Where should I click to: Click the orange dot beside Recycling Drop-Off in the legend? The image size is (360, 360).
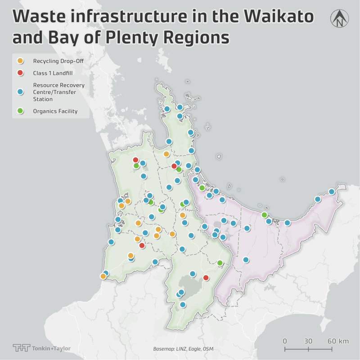click(20, 61)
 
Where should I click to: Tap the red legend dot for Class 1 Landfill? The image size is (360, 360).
click(20, 72)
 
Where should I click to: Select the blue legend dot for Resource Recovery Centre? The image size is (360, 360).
click(20, 92)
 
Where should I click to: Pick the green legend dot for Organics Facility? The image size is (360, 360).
click(20, 111)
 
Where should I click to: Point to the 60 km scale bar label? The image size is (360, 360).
click(337, 341)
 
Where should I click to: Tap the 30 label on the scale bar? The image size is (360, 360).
click(308, 341)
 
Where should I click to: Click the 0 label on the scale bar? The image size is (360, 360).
click(285, 341)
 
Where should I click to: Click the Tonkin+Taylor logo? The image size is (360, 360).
click(41, 348)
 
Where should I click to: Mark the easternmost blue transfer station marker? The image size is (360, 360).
click(332, 192)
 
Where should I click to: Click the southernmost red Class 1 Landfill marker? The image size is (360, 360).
click(206, 278)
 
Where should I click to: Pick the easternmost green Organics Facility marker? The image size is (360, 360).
click(264, 215)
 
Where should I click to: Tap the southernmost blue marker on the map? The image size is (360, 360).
click(183, 305)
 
